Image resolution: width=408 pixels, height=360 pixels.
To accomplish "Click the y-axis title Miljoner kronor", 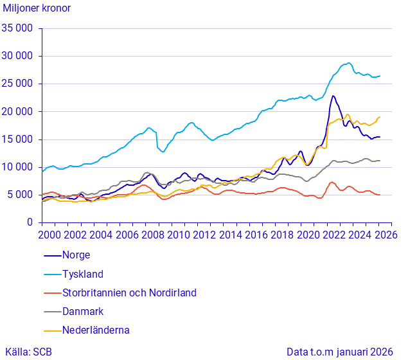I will (37, 8).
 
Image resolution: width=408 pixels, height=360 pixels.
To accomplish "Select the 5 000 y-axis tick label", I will (21, 195).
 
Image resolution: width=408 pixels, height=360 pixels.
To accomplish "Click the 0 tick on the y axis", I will (30, 222).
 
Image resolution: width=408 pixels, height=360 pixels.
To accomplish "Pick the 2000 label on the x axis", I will (49, 235).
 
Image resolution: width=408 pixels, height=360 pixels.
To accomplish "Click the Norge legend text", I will (76, 255).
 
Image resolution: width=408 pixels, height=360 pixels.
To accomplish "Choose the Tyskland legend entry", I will (82, 274).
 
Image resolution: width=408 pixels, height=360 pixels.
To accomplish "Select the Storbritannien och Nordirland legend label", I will (129, 292).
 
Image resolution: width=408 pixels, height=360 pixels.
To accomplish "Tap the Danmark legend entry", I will (83, 311).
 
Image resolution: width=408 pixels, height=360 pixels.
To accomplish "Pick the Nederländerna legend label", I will (96, 330).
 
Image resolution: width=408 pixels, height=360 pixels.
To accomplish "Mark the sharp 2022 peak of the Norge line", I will (333, 96).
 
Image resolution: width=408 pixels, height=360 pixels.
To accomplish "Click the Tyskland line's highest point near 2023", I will (348, 63).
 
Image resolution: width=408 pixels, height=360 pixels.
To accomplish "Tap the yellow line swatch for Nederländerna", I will (51, 330).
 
